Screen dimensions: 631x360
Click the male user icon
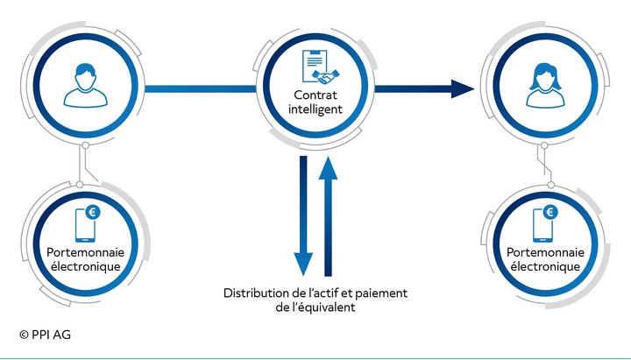(x=86, y=85)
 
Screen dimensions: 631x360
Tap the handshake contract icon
(x=321, y=67)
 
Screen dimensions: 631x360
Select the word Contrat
(x=315, y=95)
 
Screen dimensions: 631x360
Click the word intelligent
(x=315, y=109)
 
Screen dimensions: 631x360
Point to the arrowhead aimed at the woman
(x=463, y=88)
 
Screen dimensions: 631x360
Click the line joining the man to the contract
(x=201, y=88)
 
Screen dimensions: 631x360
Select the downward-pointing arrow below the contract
(x=303, y=215)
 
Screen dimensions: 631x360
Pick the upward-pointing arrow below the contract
(x=328, y=216)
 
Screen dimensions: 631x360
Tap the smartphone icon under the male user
(x=85, y=225)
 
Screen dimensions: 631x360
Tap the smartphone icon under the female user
(x=542, y=225)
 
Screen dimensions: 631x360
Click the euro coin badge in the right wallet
(x=550, y=212)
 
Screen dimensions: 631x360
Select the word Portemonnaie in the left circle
(x=85, y=252)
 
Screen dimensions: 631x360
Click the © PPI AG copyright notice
(x=45, y=335)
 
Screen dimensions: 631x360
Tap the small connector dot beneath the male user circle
(x=85, y=145)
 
